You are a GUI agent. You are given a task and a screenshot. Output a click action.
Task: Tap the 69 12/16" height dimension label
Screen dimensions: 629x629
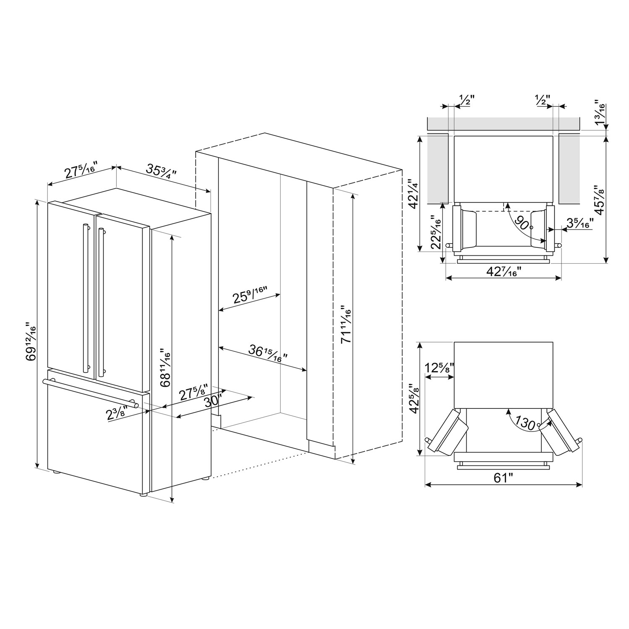coord(31,342)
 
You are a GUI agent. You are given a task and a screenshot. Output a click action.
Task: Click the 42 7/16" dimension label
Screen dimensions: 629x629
coord(503,271)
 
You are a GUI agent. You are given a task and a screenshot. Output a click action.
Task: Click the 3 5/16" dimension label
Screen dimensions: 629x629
coord(580,223)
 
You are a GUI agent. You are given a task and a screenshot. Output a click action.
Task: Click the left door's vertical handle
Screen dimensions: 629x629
coord(86,298)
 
